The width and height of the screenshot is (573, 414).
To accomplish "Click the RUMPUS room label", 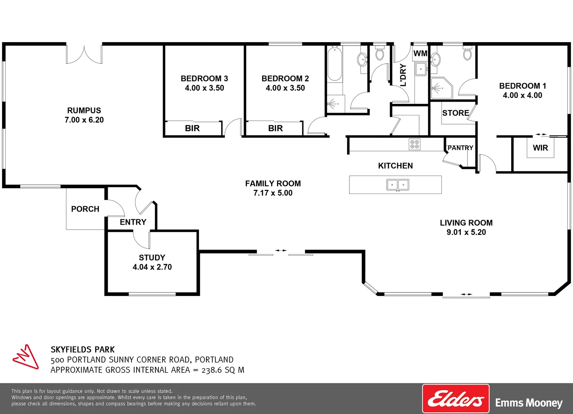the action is [x=84, y=110].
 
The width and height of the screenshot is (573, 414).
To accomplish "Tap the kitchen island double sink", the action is [x=397, y=185].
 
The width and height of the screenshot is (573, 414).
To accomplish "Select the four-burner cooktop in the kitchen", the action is [x=414, y=144].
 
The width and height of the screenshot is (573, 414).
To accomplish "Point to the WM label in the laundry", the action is [x=420, y=53].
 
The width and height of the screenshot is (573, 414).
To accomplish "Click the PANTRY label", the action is [x=460, y=148].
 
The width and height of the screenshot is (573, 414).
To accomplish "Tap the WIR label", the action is [x=540, y=148].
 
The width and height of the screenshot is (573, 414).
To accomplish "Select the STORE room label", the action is [x=456, y=113].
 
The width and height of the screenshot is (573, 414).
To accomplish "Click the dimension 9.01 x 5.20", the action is [x=466, y=232].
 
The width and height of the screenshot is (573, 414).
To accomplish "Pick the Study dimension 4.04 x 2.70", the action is [x=152, y=267].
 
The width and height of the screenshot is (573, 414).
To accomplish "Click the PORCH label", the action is [x=85, y=209].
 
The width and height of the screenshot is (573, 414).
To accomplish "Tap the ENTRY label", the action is [x=133, y=222].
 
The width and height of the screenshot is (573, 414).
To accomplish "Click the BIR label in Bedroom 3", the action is [x=192, y=128].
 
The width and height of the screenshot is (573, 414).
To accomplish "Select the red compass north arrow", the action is [x=26, y=357].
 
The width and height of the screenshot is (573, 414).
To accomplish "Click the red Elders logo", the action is [x=456, y=398].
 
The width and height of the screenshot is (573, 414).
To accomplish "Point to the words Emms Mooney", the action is [x=529, y=403].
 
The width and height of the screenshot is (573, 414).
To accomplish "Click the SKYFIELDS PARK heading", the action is [x=82, y=350].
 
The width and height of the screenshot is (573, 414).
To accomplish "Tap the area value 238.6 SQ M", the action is [x=223, y=370].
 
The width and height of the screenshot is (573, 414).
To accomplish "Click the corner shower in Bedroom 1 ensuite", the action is [x=441, y=88].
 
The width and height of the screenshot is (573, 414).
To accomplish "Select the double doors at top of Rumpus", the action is [x=84, y=54].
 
